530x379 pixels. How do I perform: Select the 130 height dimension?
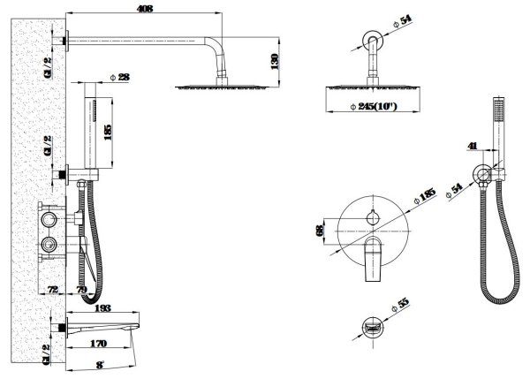tap(276, 61)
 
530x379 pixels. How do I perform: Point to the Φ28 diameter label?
tap(120, 78)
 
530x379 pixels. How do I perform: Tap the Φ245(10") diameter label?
tap(373, 108)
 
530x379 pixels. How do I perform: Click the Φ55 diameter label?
tap(404, 303)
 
